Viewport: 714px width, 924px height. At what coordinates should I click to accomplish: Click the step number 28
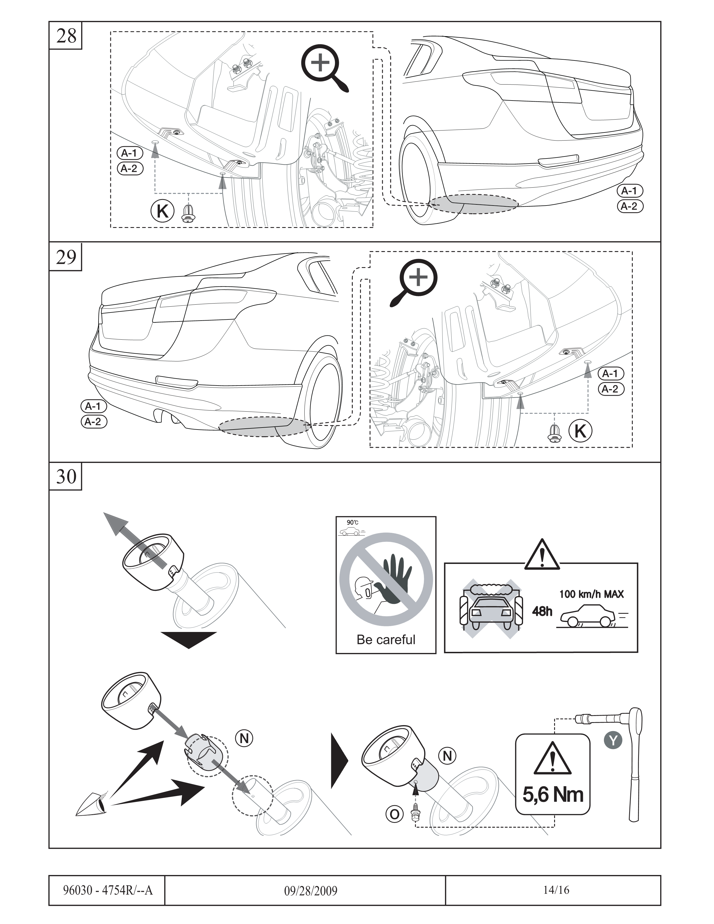point(66,36)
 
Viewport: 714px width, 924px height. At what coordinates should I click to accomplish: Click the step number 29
point(66,256)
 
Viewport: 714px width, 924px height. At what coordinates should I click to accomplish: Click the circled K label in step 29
point(580,431)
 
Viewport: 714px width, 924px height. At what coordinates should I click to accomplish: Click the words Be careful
point(386,639)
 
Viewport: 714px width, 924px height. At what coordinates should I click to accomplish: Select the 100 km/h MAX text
point(591,594)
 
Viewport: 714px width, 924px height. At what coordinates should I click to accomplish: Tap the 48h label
point(542,611)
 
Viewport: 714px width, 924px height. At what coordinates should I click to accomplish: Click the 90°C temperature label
point(352,522)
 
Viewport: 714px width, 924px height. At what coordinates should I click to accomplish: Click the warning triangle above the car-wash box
point(542,555)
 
